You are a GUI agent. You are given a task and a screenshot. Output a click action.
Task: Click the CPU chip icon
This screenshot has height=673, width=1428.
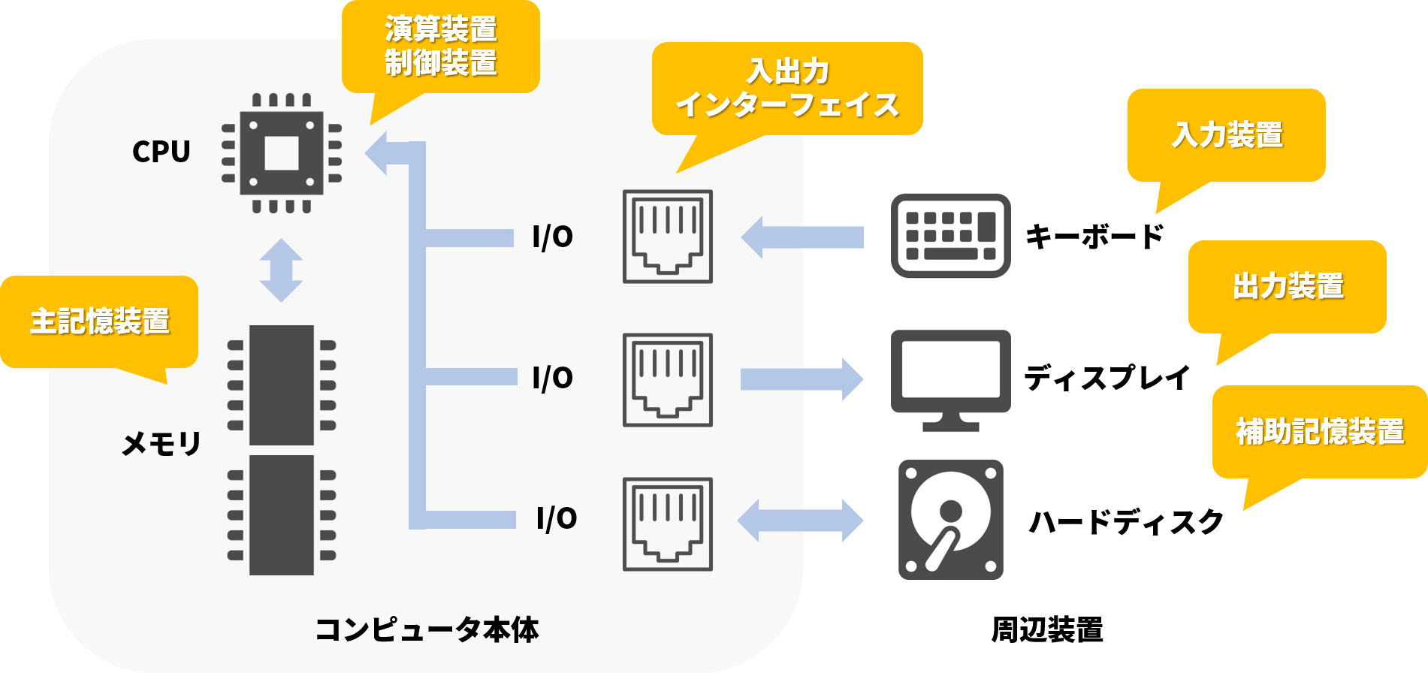tap(282, 153)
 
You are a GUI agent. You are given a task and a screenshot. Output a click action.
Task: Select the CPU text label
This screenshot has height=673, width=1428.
tap(161, 152)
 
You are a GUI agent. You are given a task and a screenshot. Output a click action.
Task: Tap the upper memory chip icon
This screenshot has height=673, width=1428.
tap(282, 385)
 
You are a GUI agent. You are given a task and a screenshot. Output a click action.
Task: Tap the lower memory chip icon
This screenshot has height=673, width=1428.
tap(282, 515)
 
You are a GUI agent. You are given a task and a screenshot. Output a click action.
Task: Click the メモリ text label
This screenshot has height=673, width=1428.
tap(161, 444)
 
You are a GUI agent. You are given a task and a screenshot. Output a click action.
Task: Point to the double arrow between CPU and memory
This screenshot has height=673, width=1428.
tap(281, 270)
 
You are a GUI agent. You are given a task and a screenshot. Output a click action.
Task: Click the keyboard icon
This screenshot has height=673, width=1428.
tap(950, 236)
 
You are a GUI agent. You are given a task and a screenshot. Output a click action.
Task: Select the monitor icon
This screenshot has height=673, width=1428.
tap(950, 380)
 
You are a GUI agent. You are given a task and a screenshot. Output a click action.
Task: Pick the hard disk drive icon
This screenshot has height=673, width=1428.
tap(950, 520)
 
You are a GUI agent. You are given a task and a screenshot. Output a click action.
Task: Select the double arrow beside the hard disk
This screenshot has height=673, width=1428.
tap(801, 520)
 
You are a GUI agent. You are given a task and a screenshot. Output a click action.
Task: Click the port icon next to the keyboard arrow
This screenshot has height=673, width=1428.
tap(667, 237)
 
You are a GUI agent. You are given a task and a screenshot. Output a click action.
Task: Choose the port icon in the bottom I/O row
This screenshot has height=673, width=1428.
tap(667, 524)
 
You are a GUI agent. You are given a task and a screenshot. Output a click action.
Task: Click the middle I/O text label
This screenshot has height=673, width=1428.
tap(552, 378)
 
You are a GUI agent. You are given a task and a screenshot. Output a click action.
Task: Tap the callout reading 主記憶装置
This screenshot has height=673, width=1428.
tap(99, 321)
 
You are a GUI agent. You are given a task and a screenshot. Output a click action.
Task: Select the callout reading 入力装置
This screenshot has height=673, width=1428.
tap(1226, 135)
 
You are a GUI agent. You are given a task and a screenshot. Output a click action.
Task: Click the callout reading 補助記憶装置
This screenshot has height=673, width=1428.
tap(1319, 432)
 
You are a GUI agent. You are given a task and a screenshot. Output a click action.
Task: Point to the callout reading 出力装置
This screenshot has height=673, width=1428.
tap(1287, 287)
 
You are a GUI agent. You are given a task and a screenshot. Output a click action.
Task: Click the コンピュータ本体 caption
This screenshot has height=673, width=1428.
tap(427, 629)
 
